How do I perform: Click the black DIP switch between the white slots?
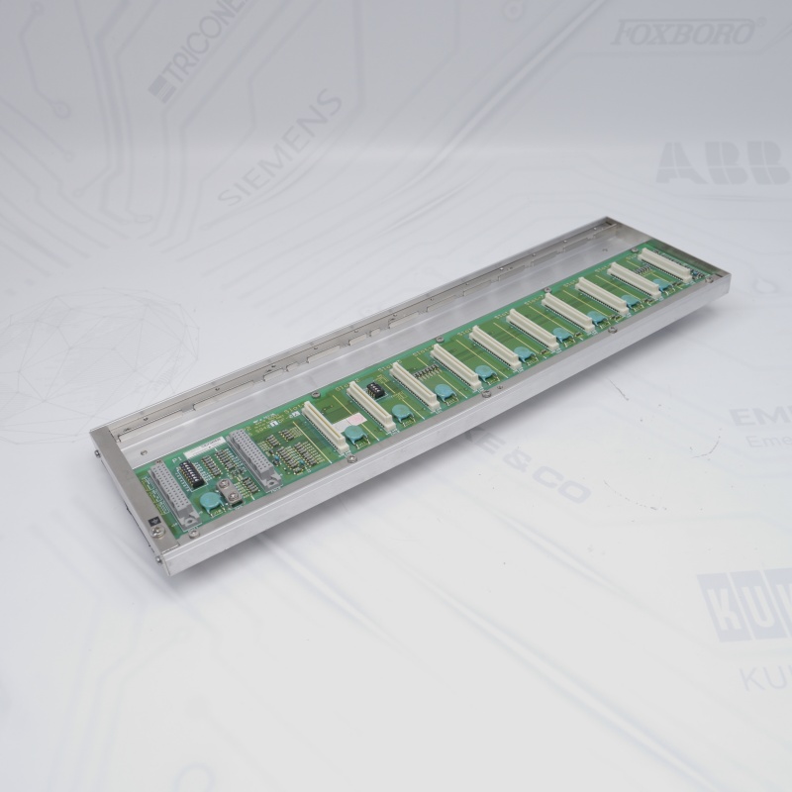[x=375, y=389]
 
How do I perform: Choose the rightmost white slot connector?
[x=664, y=263]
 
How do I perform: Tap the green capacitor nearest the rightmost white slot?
[x=661, y=285]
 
